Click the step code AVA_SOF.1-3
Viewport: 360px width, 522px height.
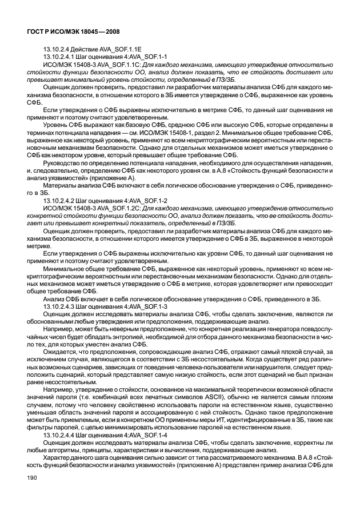click(146, 307)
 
